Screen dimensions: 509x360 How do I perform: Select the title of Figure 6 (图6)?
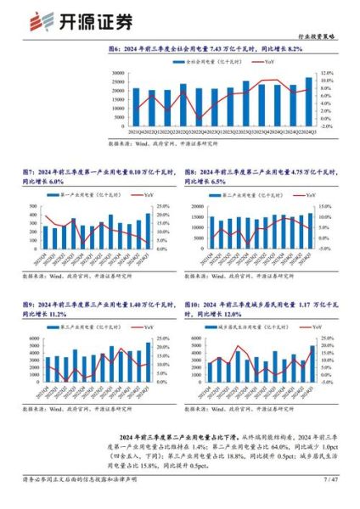tap(179, 51)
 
